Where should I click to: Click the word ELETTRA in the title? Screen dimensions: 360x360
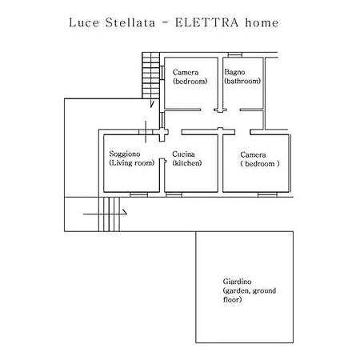(206, 22)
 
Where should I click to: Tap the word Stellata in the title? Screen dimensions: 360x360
(130, 22)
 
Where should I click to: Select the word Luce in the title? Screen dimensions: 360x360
(84, 22)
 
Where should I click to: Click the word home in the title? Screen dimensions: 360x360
(262, 22)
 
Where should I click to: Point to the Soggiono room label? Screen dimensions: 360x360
(125, 154)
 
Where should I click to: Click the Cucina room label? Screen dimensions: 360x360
(183, 154)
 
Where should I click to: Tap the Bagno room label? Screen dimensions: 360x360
(234, 72)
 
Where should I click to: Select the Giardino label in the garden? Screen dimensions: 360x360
(237, 282)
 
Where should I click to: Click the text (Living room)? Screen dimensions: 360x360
(132, 163)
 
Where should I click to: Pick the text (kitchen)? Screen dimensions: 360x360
(187, 163)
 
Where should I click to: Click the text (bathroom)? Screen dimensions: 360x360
(242, 81)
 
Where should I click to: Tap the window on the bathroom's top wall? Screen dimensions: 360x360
(235, 55)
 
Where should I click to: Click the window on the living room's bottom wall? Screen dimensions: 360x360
(138, 194)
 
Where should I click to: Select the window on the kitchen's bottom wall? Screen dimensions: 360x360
(174, 194)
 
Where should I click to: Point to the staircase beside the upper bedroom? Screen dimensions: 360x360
(150, 75)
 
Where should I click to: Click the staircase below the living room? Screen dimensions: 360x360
(109, 214)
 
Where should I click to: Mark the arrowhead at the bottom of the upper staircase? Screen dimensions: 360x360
(152, 105)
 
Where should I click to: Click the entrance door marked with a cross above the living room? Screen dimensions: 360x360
(146, 132)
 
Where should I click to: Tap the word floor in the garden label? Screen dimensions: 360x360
(232, 299)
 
